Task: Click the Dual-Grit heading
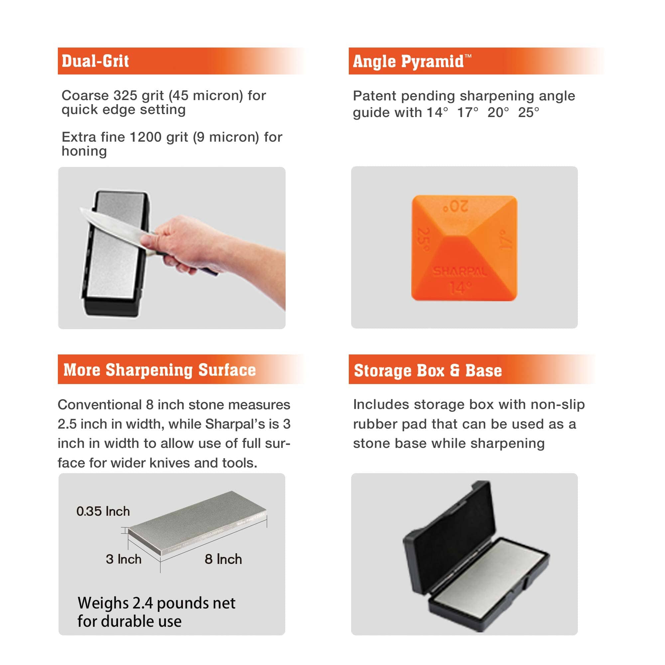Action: (x=95, y=61)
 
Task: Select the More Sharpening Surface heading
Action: (x=159, y=370)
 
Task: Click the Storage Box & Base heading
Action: (x=428, y=371)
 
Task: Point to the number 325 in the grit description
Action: (x=125, y=96)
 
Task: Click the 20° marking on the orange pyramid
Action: (x=456, y=206)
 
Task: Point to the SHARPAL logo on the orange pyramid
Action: (x=460, y=272)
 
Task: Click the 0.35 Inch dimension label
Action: (x=103, y=511)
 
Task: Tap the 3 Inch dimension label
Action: (x=124, y=559)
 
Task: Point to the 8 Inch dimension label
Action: (x=223, y=559)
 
